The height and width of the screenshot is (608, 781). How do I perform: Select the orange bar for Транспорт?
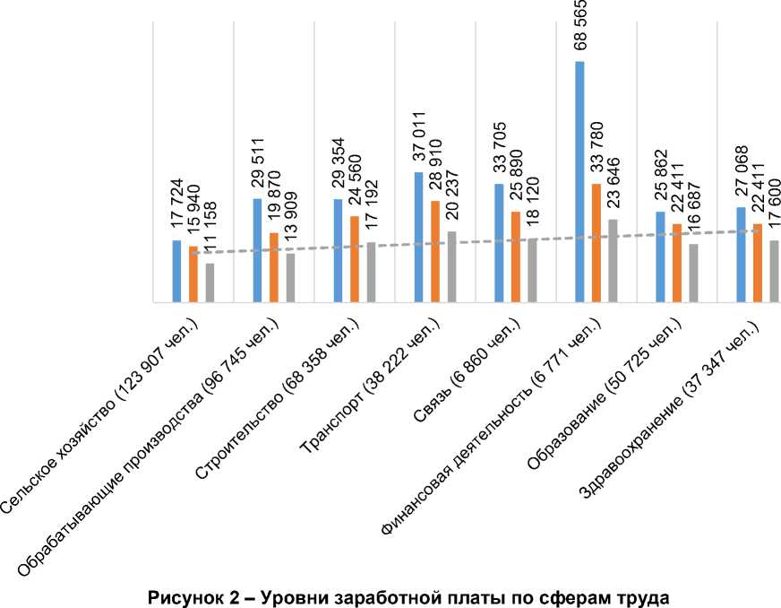(435, 252)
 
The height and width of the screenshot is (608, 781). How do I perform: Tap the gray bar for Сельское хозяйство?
(210, 283)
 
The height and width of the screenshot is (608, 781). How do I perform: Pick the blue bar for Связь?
(499, 243)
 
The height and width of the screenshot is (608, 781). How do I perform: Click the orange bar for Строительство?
(355, 259)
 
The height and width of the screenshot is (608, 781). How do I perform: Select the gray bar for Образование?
(693, 274)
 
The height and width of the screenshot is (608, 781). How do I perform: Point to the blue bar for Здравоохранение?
(741, 255)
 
